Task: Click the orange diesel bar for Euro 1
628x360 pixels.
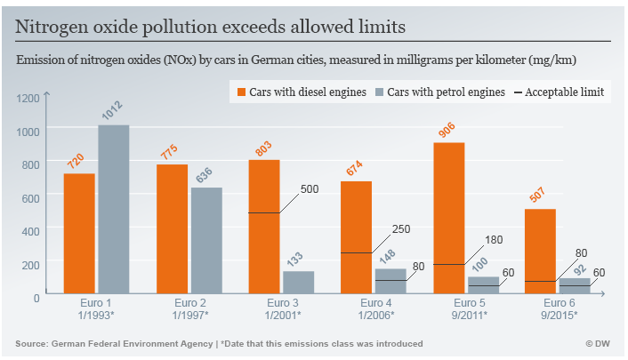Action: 79,235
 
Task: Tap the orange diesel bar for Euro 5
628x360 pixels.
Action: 450,219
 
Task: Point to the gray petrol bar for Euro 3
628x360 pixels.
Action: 298,284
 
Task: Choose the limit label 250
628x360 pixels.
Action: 401,230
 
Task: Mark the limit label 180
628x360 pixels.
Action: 495,241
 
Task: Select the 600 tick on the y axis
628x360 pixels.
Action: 31,197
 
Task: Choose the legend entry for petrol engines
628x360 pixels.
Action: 442,92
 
